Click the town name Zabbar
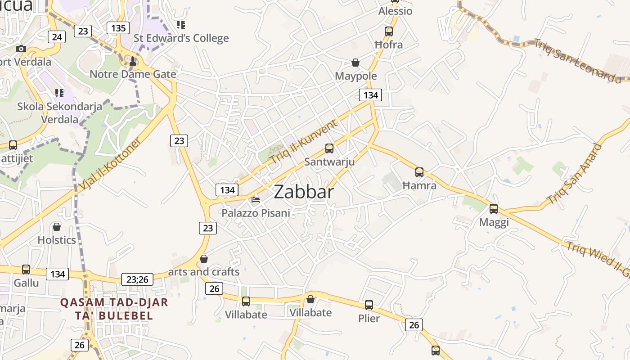[304, 192]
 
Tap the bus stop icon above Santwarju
[329, 148]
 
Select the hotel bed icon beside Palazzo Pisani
[256, 199]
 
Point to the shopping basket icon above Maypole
[355, 63]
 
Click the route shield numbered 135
[118, 28]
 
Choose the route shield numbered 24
[57, 36]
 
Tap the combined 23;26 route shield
[137, 279]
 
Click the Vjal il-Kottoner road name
[110, 164]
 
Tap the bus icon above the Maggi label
[494, 209]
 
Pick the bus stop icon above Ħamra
[419, 172]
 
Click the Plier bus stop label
[369, 319]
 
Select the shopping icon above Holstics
[57, 227]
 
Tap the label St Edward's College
[181, 38]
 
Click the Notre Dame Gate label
[133, 74]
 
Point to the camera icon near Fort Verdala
[21, 49]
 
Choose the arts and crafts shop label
[204, 272]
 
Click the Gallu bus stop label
[26, 283]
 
